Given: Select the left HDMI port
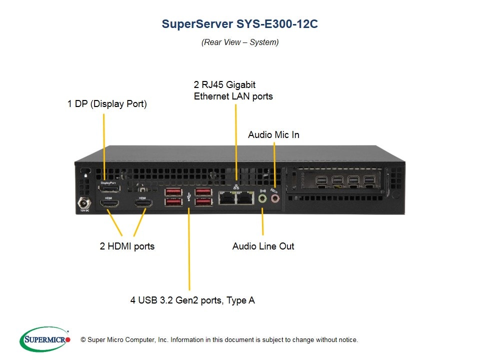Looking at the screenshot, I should tap(108, 204).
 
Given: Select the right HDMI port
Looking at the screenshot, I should tap(142, 204).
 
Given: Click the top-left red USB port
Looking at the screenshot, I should tap(173, 191).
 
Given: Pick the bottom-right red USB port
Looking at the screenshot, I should tap(203, 201).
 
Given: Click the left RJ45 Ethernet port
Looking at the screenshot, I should tap(227, 198).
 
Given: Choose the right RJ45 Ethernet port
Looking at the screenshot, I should tap(244, 198).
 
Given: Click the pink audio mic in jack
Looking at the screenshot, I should tap(274, 199).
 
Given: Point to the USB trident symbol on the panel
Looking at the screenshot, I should tap(188, 196).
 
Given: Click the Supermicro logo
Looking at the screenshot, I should tap(45, 339).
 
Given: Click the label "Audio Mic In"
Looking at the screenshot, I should tap(273, 135).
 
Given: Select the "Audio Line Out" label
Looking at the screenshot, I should tap(263, 246).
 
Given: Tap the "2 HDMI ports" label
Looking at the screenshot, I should tap(127, 246).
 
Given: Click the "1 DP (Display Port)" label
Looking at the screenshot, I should tap(107, 104).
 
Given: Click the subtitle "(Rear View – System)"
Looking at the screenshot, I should tap(240, 42).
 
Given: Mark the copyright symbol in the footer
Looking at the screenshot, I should tap(83, 340).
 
